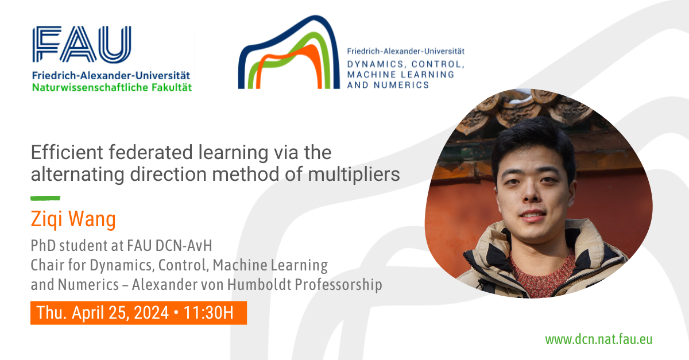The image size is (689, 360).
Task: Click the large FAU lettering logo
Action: [82, 44]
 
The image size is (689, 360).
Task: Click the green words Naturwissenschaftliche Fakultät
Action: [112, 88]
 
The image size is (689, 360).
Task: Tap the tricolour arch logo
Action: [289, 52]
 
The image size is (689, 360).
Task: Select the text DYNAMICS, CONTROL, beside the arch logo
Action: [406, 64]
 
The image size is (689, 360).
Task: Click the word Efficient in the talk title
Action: [67, 152]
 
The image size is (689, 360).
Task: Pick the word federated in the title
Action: [150, 152]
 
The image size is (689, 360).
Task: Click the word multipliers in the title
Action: [354, 175]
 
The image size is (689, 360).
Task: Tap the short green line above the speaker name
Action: [45, 199]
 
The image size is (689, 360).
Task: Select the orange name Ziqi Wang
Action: [73, 219]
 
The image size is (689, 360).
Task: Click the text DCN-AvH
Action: [184, 246]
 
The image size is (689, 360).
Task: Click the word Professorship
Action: [338, 285]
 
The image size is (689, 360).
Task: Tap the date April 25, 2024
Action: [120, 312]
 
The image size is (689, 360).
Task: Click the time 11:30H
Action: [208, 312]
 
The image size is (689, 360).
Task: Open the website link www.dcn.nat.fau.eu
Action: [598, 339]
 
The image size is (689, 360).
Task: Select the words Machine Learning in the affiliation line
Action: [270, 265]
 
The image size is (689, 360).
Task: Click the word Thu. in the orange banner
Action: [52, 312]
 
